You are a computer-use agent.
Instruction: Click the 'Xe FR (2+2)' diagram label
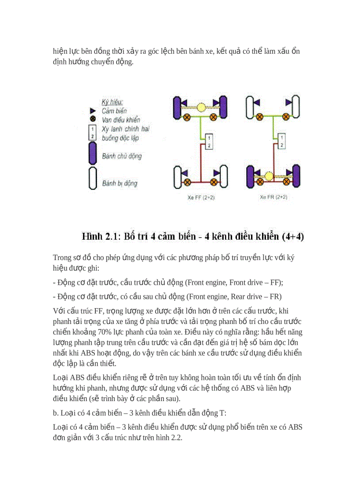point(274,197)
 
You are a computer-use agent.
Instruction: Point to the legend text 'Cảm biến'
point(114,111)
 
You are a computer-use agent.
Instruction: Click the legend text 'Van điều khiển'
point(120,120)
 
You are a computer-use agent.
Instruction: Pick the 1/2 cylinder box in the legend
point(93,132)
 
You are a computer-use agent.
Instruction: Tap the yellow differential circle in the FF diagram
point(201,107)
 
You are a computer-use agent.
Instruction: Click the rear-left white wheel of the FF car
point(178,176)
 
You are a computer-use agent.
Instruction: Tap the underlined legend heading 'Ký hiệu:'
point(112,102)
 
